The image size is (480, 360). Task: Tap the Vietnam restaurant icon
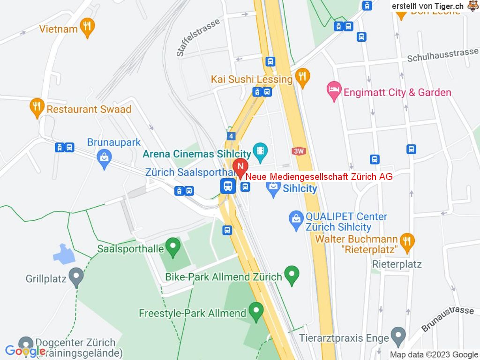(x=86, y=28)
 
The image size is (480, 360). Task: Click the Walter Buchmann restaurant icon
(x=406, y=241)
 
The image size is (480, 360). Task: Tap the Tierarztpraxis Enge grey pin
(x=398, y=336)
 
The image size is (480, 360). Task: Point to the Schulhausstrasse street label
(x=442, y=55)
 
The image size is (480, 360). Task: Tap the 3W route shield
(x=298, y=151)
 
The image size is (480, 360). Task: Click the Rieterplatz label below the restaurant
(x=397, y=264)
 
